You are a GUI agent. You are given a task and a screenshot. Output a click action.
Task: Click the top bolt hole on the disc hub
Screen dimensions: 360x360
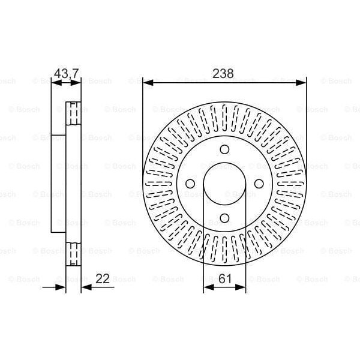(x=224, y=149)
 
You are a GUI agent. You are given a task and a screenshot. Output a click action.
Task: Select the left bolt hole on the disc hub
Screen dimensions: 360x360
(x=190, y=184)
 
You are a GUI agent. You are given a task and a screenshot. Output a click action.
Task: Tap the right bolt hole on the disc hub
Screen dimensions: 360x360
(x=259, y=184)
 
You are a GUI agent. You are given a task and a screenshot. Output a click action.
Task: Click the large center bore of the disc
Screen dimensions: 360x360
(x=224, y=184)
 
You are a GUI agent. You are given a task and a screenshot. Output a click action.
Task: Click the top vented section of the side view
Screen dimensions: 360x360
(x=73, y=114)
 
